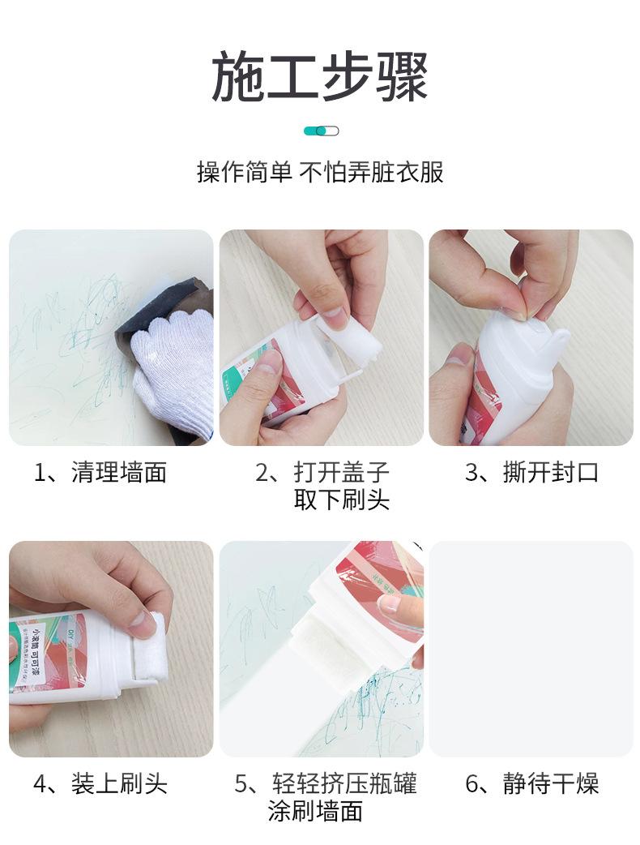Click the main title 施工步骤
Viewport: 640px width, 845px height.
[x=320, y=78]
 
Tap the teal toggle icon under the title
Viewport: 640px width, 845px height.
[x=321, y=131]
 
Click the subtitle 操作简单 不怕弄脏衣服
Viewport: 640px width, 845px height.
[x=320, y=172]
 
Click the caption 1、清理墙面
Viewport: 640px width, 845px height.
[x=100, y=473]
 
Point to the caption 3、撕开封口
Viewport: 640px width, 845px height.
[x=531, y=473]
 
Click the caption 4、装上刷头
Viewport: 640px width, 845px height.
[x=100, y=784]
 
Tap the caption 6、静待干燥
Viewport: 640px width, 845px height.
[x=531, y=784]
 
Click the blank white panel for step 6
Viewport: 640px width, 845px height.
[x=531, y=649]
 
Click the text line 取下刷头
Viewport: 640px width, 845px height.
[x=341, y=500]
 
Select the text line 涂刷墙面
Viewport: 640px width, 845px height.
[x=315, y=811]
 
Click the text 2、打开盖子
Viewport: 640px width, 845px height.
[x=322, y=473]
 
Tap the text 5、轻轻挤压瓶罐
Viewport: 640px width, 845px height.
[x=326, y=784]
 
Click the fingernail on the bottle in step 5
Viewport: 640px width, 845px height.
[x=390, y=603]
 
